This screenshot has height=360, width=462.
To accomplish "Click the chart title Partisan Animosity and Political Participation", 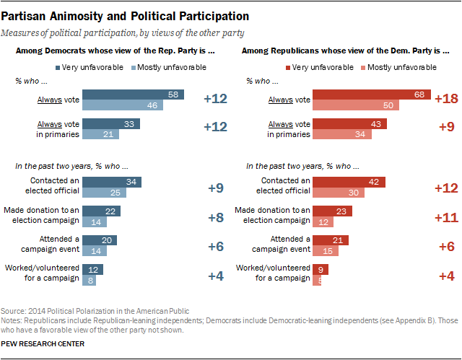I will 126,15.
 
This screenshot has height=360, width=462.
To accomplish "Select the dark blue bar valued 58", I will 134,95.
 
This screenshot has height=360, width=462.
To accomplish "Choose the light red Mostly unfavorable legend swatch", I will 362,67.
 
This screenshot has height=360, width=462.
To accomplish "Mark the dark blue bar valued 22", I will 102,211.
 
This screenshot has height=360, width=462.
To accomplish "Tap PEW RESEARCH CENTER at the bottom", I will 43,344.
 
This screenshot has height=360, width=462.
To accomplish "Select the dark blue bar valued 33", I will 112,123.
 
